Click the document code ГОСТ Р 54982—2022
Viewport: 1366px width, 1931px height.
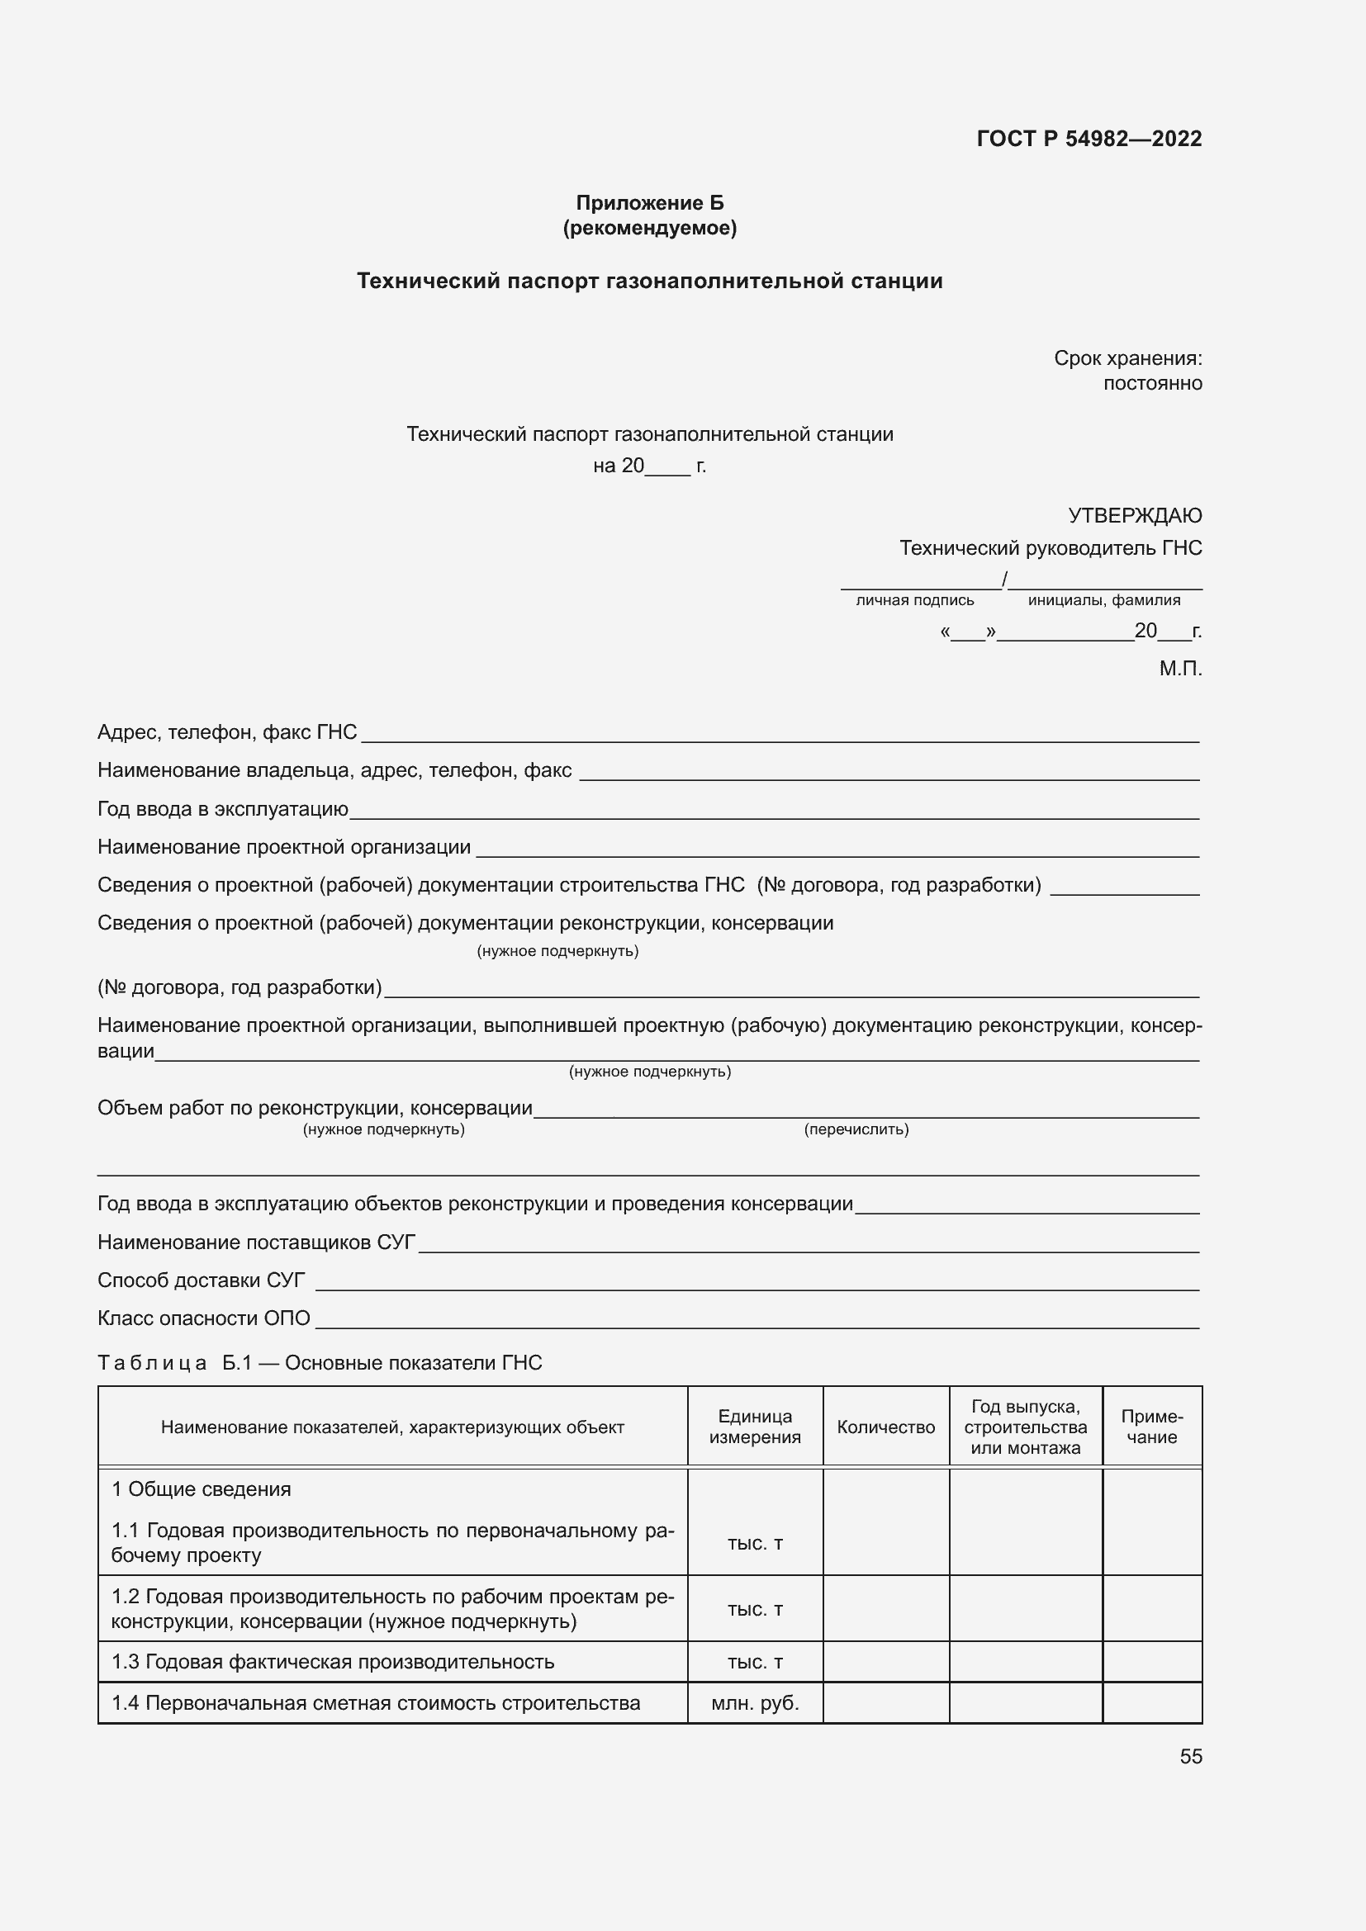(1089, 139)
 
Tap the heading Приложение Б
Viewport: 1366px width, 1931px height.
(649, 203)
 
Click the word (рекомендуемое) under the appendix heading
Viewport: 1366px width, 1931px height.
(649, 228)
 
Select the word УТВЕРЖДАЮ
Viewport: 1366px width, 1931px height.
(1134, 514)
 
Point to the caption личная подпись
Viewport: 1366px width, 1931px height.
(914, 600)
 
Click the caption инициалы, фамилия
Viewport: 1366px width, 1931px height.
(1103, 600)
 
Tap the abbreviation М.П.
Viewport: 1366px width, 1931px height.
(1180, 669)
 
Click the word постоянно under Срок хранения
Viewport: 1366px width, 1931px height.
(1152, 384)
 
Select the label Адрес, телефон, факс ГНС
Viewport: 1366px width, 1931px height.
(227, 732)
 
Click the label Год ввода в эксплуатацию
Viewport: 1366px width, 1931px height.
(223, 809)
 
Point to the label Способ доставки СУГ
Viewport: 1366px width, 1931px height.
(201, 1281)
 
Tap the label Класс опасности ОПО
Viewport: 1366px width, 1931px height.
(203, 1318)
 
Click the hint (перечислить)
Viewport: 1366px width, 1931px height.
(856, 1129)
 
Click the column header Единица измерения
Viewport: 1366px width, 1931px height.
(755, 1427)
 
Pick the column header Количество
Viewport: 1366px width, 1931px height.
(885, 1427)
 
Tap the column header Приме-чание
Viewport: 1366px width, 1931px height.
(1151, 1427)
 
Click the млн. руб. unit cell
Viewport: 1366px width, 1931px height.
(755, 1703)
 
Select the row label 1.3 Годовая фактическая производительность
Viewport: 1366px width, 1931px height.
(332, 1662)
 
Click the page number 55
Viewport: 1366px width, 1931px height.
(1190, 1757)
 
